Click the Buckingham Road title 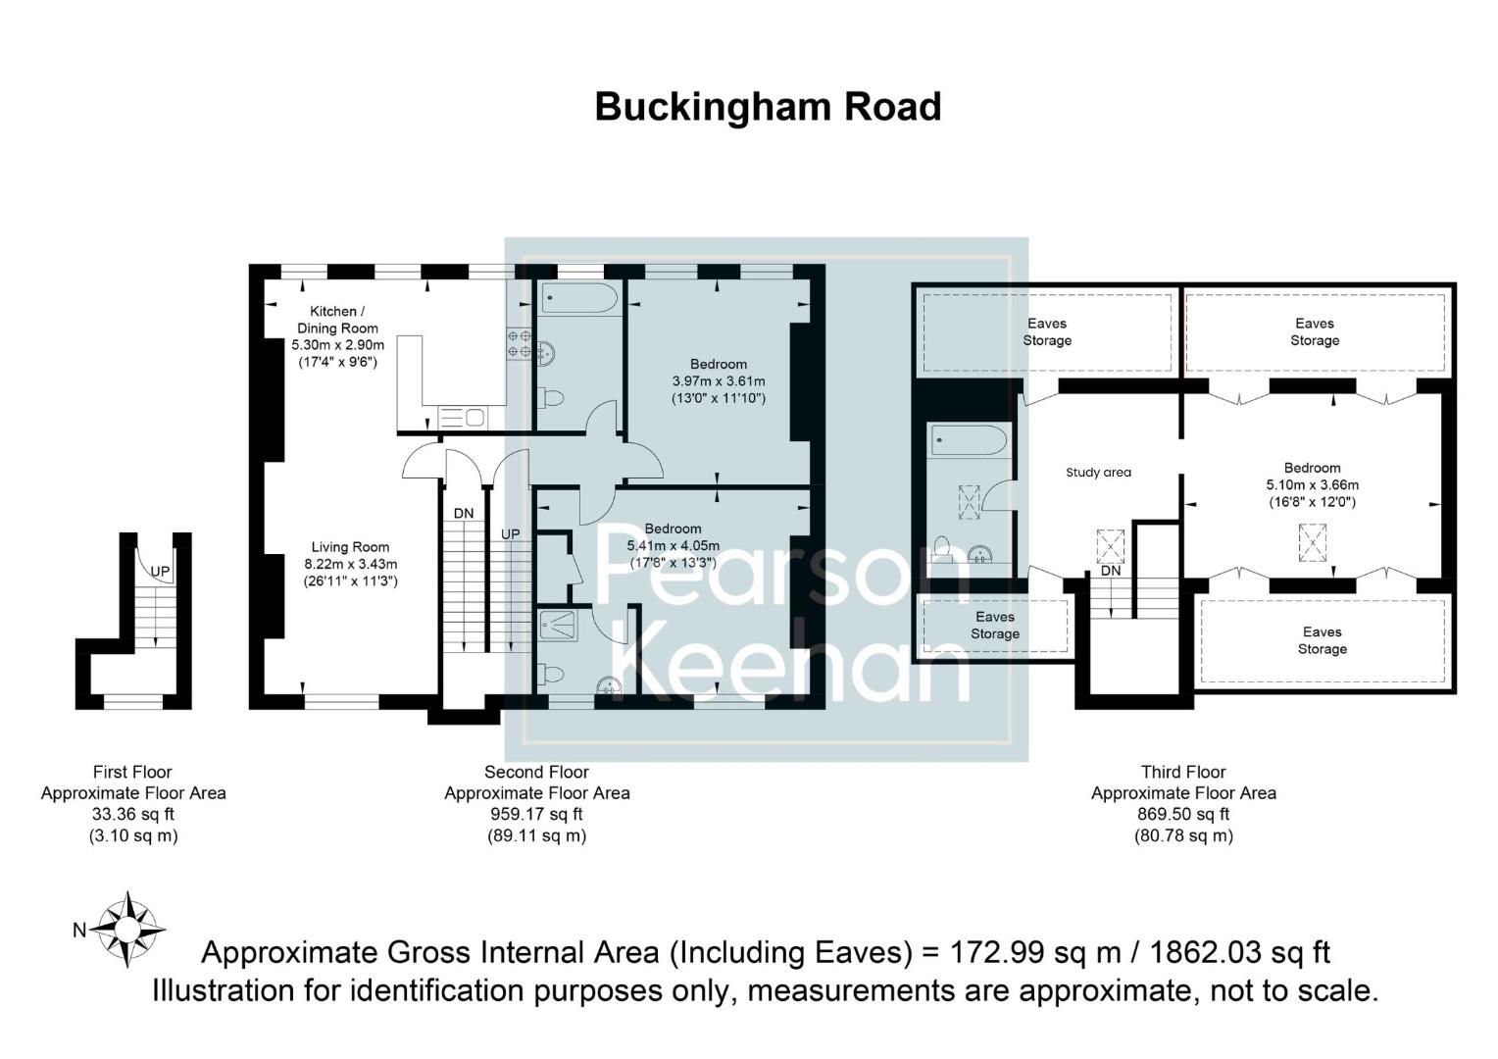tap(768, 107)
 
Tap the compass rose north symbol tap(128, 928)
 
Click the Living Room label tap(350, 547)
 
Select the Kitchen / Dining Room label tap(337, 320)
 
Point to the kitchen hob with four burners tap(520, 343)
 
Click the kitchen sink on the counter tap(462, 418)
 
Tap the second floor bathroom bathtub tap(579, 299)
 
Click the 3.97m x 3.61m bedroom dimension tap(718, 381)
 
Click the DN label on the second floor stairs tap(464, 513)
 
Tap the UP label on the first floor tap(160, 571)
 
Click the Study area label tap(1098, 473)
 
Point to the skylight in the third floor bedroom tap(1313, 542)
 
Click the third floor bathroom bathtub tap(968, 440)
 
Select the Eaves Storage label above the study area tap(1047, 331)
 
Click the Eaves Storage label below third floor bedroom tap(1322, 640)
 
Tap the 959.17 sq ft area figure tap(536, 814)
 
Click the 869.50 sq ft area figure tap(1183, 814)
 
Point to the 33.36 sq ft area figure tap(132, 814)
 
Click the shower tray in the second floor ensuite tap(558, 625)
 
